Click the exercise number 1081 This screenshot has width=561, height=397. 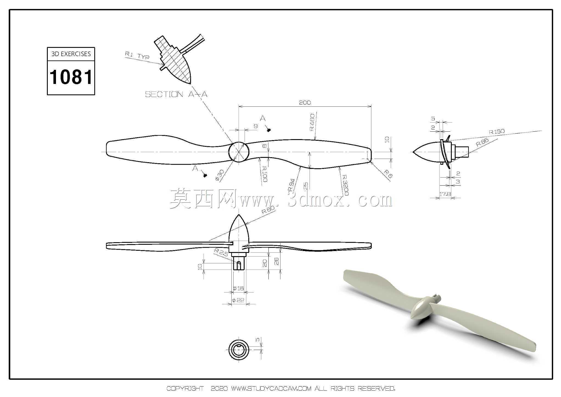(71, 77)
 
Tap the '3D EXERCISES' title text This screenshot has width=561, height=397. (71, 54)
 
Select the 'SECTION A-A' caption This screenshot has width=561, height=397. (176, 94)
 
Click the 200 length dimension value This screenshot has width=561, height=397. (305, 103)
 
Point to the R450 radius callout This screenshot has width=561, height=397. (312, 122)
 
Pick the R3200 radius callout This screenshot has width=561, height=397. (345, 185)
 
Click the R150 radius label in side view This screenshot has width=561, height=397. (497, 132)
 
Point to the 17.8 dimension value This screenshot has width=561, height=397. (445, 194)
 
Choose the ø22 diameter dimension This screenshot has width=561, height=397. (238, 300)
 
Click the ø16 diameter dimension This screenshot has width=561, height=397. (238, 288)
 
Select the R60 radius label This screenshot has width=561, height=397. (268, 210)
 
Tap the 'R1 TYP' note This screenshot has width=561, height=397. (137, 55)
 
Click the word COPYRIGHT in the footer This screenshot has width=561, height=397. (185, 388)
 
